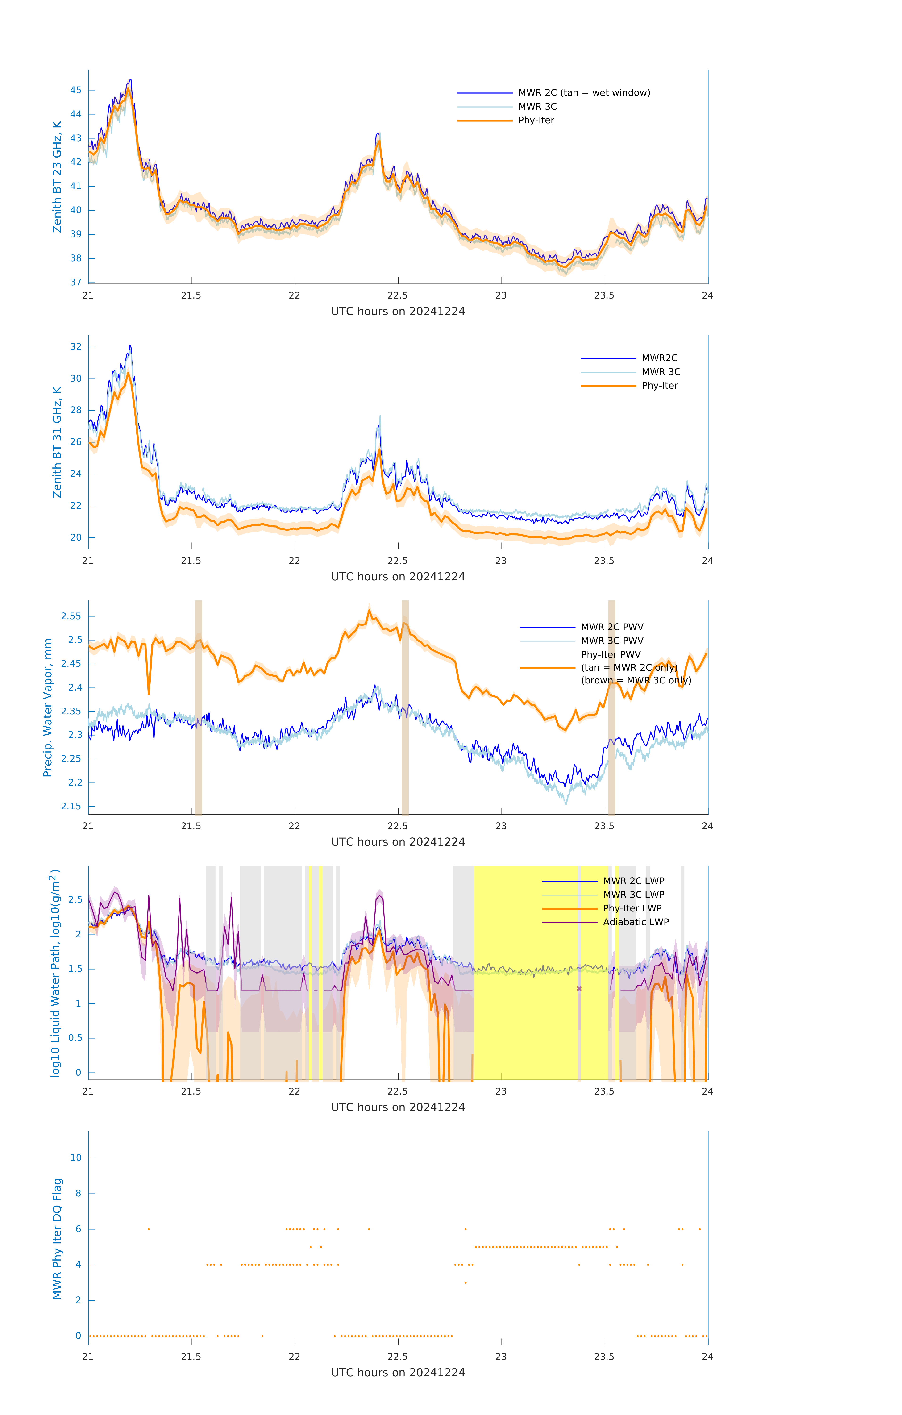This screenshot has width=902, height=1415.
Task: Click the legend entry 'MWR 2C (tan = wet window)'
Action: (x=583, y=93)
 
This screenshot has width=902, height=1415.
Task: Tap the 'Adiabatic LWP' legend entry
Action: (x=635, y=922)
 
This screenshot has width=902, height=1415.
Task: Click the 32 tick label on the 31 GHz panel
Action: (x=76, y=347)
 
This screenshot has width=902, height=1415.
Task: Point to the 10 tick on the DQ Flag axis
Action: (x=76, y=1158)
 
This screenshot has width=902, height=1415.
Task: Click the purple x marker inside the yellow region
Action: (x=579, y=989)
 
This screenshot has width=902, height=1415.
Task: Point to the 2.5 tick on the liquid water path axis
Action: (x=75, y=900)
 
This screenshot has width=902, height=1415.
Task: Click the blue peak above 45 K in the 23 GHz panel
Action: (x=130, y=80)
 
